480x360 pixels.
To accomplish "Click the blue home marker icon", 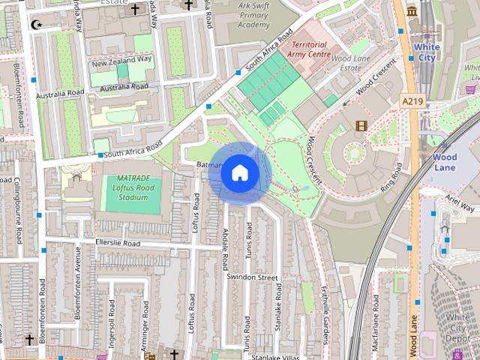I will point(239,172).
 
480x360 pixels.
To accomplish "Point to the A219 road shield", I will point(412,100).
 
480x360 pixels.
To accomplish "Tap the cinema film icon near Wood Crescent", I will point(363,125).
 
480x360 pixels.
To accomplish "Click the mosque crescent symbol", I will point(35,25).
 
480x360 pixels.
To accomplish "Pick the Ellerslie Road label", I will point(118,244).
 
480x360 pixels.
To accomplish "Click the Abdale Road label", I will point(224,251).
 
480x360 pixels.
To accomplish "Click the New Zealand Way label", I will point(121,59).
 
